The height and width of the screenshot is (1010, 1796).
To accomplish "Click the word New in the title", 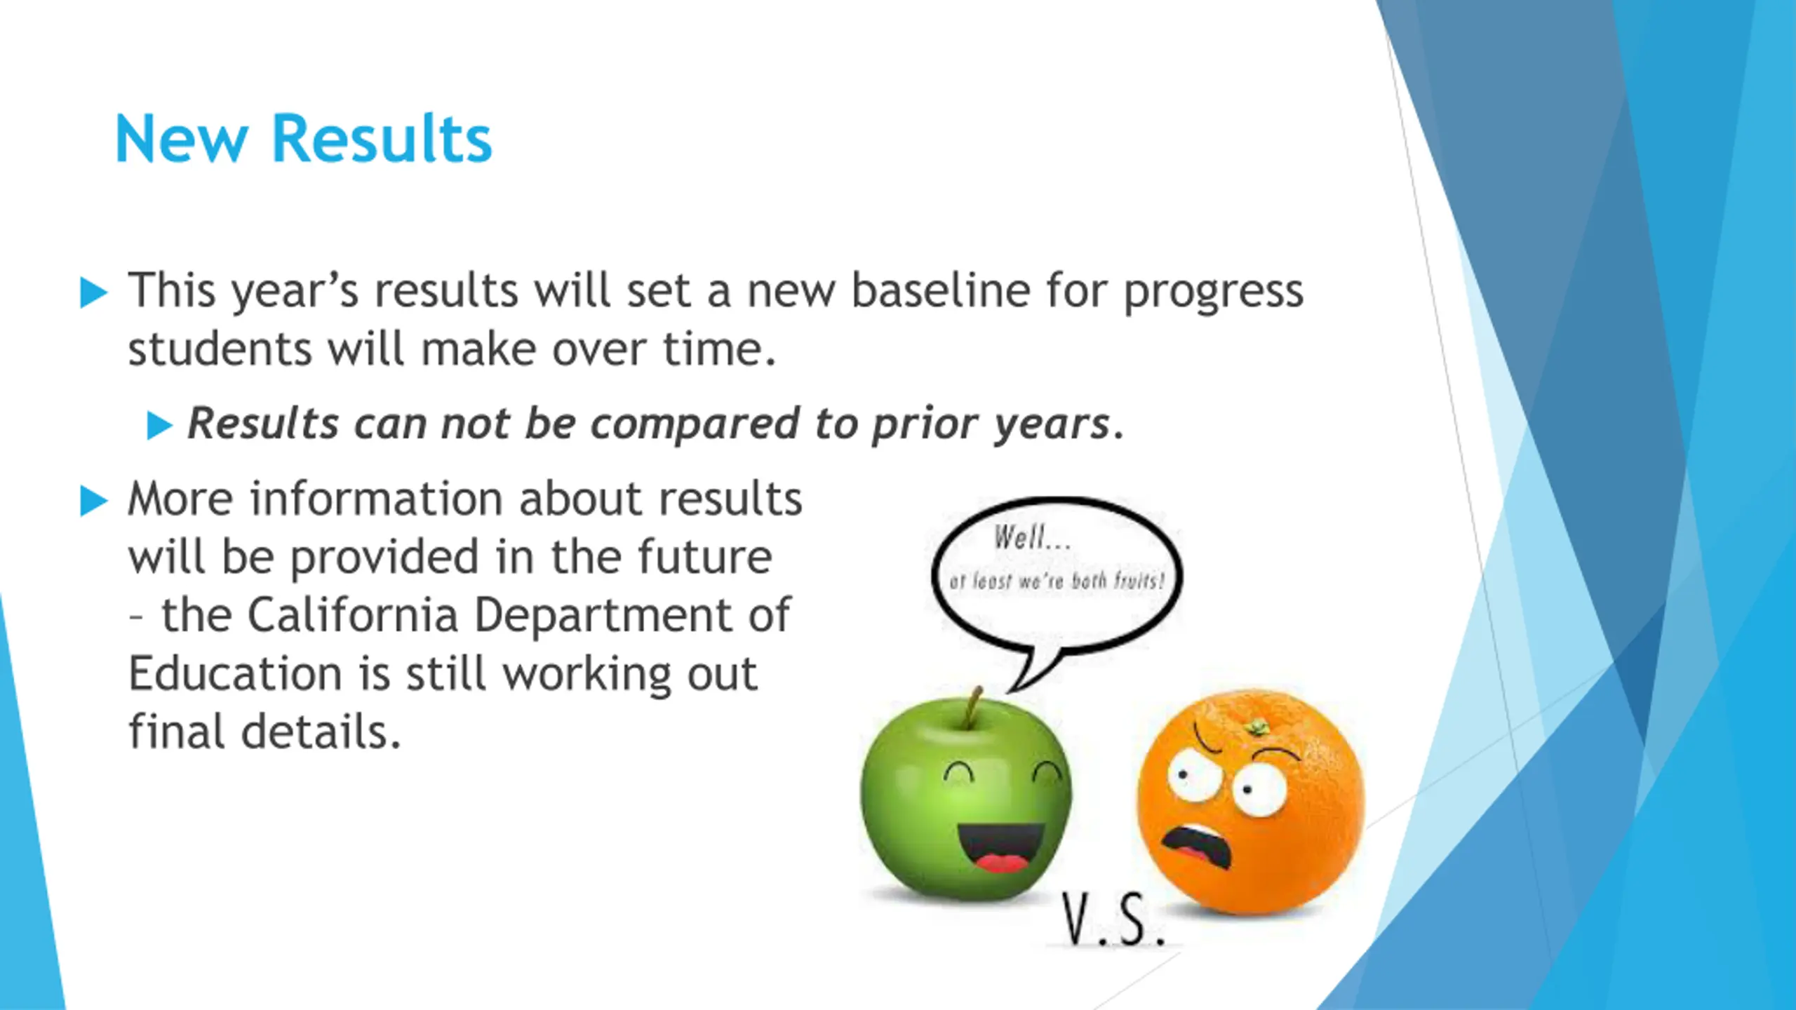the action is coord(181,139).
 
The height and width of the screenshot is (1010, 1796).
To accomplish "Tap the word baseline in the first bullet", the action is coord(940,290).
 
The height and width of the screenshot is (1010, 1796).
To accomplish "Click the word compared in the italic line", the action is coord(695,424).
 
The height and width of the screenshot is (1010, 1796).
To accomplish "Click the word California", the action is coord(353,615).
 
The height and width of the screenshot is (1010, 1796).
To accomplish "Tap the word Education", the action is coord(235,673).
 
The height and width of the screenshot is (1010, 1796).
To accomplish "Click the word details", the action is coord(322,732).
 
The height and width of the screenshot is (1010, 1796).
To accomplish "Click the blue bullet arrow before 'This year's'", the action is coord(94,292).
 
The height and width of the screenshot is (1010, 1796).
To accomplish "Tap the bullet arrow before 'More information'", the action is coord(94,501).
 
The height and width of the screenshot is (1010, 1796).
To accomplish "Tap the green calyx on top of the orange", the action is coord(1256,727).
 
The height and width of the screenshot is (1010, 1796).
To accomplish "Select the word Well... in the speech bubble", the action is coord(1032,538).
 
